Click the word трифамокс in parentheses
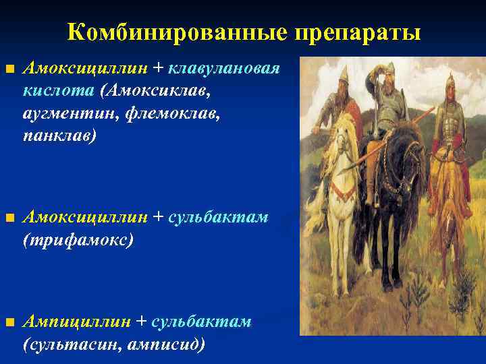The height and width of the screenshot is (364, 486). [x=77, y=239]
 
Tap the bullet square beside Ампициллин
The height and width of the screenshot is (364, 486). [x=9, y=323]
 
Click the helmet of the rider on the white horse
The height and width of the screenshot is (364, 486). [x=344, y=75]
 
